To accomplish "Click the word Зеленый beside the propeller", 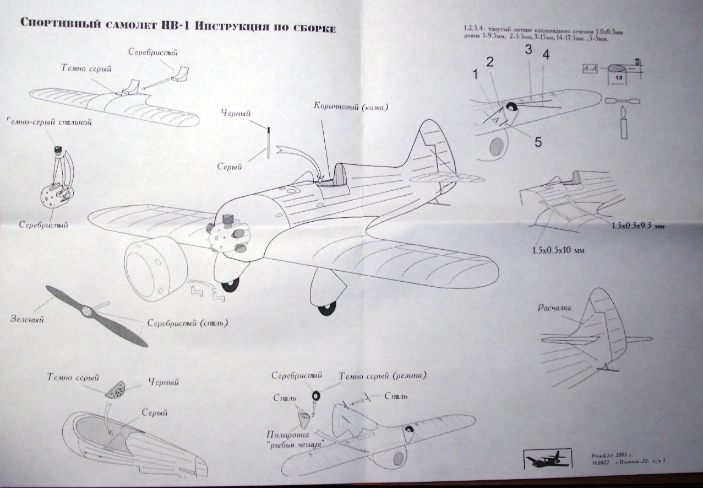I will [27, 318].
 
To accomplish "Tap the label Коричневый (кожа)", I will [351, 106].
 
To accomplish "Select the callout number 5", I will [537, 142].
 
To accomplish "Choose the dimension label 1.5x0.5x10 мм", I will [558, 250].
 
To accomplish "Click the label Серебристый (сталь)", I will [187, 323].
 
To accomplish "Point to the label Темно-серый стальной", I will [49, 122].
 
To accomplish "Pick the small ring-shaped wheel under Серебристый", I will [315, 395].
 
